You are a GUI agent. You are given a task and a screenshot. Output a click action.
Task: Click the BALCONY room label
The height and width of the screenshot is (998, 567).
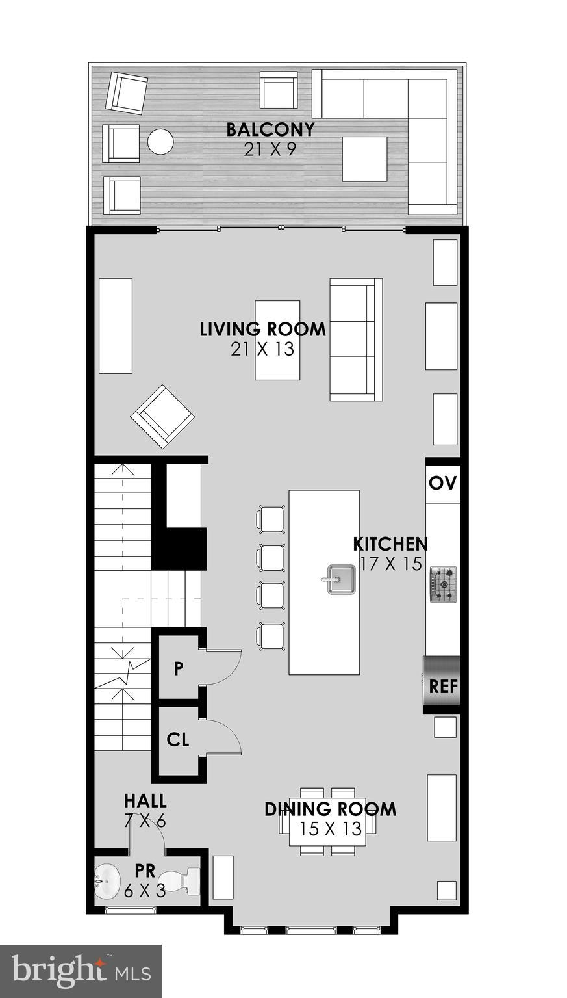(x=270, y=129)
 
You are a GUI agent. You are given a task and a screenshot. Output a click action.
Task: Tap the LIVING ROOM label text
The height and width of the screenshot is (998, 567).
(x=262, y=329)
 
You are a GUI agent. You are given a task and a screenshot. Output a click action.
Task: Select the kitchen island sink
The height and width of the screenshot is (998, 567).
(x=340, y=579)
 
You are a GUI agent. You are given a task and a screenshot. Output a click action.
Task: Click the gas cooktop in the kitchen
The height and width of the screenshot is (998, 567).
(x=442, y=583)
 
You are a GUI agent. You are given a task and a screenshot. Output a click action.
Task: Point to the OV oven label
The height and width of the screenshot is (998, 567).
(x=443, y=483)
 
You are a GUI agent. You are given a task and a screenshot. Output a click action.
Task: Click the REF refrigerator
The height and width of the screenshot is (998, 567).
(x=442, y=685)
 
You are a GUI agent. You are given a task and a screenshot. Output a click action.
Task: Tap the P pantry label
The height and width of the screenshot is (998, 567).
(x=178, y=669)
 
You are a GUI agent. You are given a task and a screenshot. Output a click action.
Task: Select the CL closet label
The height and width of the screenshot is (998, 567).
(x=177, y=739)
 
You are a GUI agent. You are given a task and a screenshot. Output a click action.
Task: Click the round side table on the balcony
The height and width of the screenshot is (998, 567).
(x=160, y=142)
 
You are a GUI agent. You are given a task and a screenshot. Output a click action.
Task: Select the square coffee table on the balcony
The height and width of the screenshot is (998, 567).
(x=364, y=159)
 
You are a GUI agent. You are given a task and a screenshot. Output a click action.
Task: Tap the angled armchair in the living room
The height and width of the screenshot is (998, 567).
(x=162, y=417)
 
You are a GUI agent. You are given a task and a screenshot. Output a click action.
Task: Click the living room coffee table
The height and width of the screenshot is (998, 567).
(x=277, y=340)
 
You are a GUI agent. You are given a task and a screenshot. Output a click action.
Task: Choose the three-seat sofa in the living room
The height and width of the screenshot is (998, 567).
(x=355, y=339)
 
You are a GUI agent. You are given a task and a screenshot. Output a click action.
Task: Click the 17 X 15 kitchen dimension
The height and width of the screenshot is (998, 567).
(x=391, y=564)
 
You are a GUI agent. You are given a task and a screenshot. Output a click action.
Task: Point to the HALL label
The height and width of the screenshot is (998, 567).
(x=145, y=800)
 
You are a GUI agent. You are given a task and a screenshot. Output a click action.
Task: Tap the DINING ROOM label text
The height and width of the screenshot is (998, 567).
(x=330, y=809)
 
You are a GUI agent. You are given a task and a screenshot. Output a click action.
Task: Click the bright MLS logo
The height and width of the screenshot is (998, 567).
(x=81, y=971)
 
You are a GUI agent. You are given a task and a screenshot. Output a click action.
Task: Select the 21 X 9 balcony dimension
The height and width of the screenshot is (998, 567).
(x=270, y=150)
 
